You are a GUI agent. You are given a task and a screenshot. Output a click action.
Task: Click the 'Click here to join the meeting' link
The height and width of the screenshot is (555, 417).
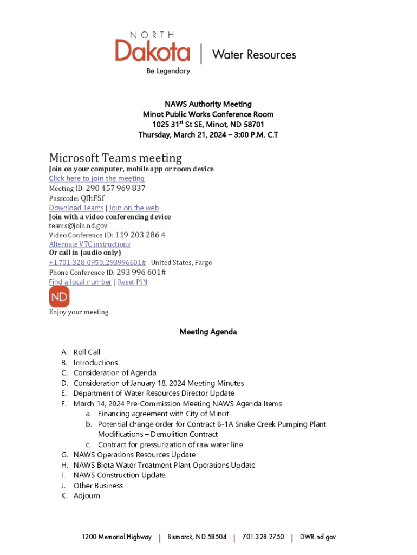96,178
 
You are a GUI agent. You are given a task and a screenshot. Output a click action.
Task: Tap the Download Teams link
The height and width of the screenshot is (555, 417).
76,208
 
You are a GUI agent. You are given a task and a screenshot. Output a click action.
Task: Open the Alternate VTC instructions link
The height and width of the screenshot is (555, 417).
89,244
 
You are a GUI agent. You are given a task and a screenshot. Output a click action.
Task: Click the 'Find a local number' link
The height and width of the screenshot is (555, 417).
80,282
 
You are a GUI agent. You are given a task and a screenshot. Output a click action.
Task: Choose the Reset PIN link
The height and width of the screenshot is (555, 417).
132,282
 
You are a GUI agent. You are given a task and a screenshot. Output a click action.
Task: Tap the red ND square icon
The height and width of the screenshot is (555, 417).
59,296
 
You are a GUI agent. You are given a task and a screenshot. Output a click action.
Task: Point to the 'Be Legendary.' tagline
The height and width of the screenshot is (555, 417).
167,71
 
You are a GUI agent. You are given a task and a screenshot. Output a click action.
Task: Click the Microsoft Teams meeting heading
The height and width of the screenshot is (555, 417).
115,158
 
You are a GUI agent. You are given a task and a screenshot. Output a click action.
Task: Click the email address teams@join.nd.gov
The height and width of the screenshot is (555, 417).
78,225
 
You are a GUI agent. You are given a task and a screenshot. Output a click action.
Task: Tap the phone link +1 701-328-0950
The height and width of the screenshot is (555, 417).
97,263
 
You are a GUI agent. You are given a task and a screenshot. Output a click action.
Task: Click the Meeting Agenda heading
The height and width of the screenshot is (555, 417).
208,332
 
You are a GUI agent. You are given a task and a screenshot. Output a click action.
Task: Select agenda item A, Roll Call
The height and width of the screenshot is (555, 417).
87,352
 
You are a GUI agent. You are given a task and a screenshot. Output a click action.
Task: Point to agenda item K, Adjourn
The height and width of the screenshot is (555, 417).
87,496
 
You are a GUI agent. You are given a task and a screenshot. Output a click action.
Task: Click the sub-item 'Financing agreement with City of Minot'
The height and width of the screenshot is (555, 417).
163,414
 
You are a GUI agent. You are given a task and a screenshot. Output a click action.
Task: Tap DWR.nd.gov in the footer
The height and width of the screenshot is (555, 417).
318,537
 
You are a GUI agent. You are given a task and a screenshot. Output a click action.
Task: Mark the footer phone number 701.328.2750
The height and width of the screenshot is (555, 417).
263,537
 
